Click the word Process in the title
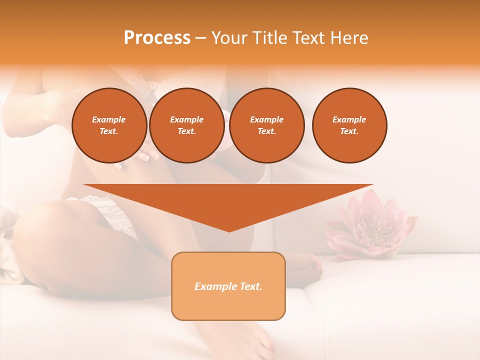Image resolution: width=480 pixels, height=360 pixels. coord(157,38)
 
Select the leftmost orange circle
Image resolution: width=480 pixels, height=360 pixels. coord(109,125)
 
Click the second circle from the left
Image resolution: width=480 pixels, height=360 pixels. coord(186,125)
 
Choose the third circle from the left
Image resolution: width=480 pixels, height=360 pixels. coord(267,125)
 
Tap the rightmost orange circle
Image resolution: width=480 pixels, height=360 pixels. coord(349,125)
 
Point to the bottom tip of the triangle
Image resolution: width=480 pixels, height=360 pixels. coord(229,230)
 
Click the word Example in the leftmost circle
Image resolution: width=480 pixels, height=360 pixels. coord(109,119)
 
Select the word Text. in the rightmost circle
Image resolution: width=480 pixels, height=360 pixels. coord(349,131)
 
